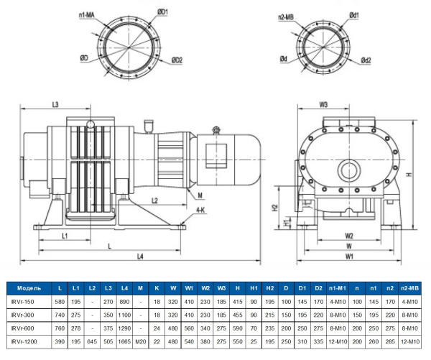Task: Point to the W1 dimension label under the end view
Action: point(349,256)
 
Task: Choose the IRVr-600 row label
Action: point(24,328)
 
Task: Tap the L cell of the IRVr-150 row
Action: point(60,302)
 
